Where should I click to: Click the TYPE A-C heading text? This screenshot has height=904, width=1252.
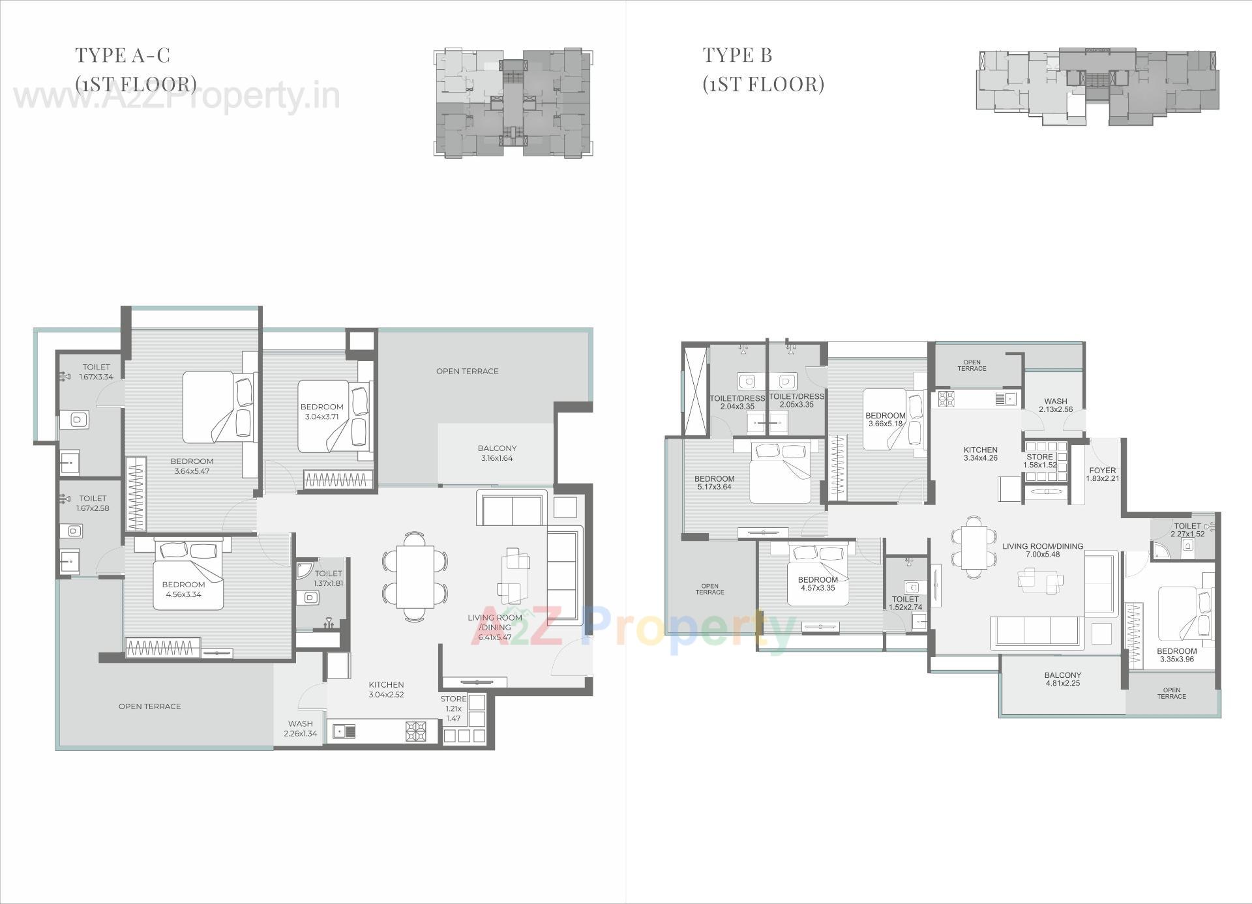(x=123, y=55)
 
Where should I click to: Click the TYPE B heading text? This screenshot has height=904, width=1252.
(x=737, y=55)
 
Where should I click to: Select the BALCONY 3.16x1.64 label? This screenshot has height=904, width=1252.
(x=497, y=453)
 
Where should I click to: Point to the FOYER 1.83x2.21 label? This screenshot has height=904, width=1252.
(x=1102, y=474)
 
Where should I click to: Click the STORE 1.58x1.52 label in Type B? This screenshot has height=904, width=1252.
(x=1039, y=461)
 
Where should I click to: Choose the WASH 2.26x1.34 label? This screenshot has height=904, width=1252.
(x=300, y=728)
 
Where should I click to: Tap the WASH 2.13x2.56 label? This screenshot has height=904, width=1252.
(x=1055, y=405)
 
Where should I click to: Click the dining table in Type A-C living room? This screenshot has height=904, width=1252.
(x=415, y=577)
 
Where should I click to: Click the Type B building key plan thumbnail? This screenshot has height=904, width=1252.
(x=1097, y=86)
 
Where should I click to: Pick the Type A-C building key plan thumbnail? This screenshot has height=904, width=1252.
(x=513, y=102)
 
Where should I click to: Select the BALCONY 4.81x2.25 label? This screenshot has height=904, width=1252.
(x=1062, y=679)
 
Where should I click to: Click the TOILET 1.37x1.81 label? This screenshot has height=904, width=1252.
(x=328, y=578)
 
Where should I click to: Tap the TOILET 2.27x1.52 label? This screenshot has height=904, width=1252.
(x=1187, y=530)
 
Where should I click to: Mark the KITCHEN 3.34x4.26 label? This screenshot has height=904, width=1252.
(x=980, y=454)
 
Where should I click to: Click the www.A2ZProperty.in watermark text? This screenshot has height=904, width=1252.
(x=176, y=98)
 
